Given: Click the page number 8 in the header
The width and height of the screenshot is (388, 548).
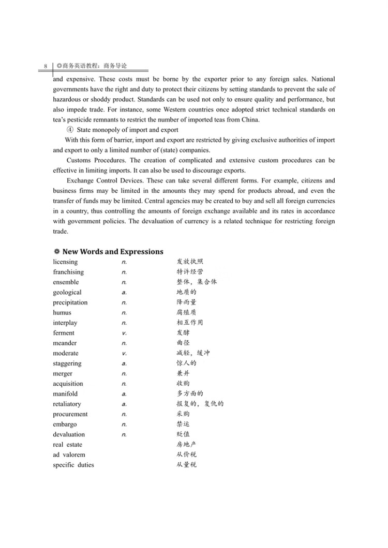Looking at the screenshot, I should (x=46, y=67).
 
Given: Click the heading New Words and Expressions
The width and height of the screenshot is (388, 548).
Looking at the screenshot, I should (x=113, y=252).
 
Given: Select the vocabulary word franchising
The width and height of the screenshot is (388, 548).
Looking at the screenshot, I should (x=68, y=272).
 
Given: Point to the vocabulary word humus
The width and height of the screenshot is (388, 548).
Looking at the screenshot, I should (x=62, y=313).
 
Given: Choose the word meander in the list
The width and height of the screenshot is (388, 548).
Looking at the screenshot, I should (x=65, y=343).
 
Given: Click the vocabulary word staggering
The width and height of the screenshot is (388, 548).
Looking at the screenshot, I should (x=67, y=363).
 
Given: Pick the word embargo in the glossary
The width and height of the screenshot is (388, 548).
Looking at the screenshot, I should (x=65, y=424).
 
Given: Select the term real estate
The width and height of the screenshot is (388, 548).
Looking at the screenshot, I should (x=68, y=445).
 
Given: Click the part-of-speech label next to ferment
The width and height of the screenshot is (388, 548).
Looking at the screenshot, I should (x=124, y=333).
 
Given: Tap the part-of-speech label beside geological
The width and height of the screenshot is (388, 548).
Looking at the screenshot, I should (x=124, y=293).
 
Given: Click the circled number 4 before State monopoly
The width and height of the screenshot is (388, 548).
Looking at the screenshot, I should (x=70, y=130).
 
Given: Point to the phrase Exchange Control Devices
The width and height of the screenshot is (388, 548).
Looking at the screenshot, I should (x=106, y=181).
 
